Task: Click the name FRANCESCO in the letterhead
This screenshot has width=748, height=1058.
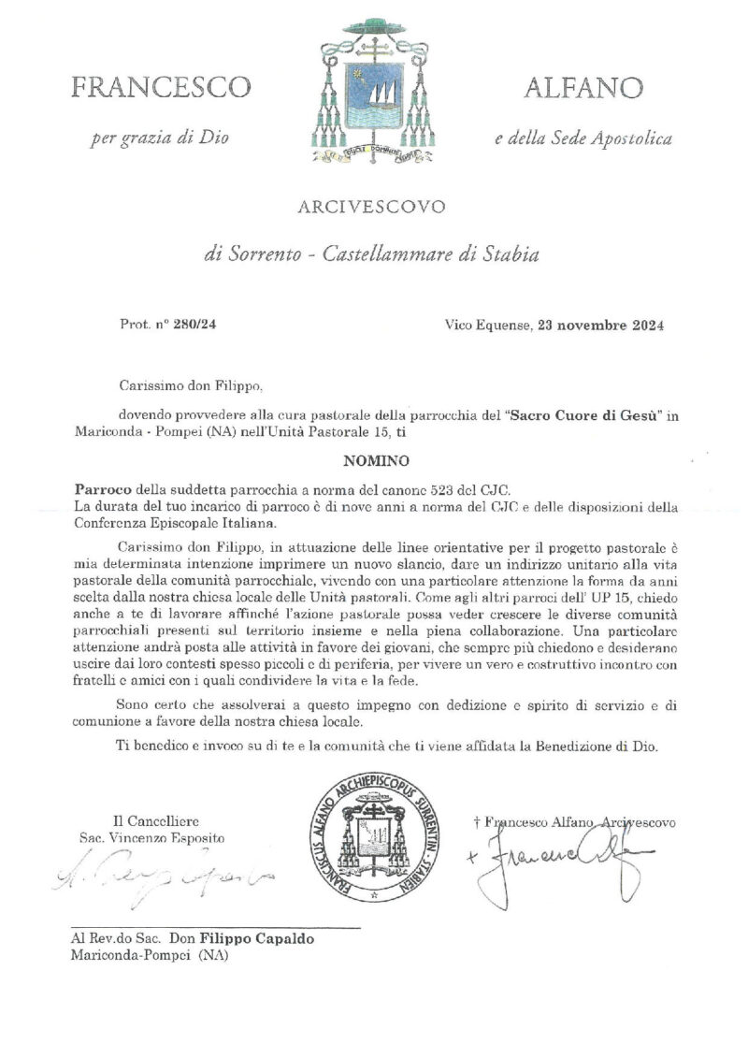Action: click(x=161, y=89)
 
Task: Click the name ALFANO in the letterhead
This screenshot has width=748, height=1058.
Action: click(x=583, y=89)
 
